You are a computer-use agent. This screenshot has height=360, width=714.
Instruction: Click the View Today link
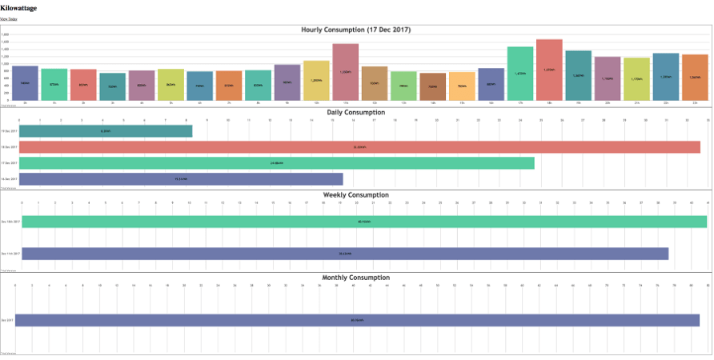[x=8, y=19]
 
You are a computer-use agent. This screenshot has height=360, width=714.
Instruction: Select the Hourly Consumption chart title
[x=356, y=30]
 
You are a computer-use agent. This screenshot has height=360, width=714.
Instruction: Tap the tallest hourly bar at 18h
[x=549, y=70]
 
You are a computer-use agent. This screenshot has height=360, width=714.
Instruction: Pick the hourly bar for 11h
[x=345, y=72]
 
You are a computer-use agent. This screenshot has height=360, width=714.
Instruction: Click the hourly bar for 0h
[x=26, y=83]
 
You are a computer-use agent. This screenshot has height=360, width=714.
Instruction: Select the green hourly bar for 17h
[x=520, y=74]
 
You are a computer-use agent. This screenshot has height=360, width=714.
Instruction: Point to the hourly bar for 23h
[x=695, y=78]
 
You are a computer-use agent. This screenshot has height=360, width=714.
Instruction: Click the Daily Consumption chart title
[x=356, y=113]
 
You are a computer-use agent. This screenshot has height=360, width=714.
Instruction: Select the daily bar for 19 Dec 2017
[x=106, y=130]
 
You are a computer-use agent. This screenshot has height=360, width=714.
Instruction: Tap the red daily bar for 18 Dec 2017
[x=359, y=147]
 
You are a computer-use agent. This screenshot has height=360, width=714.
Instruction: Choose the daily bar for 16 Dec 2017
[x=181, y=179]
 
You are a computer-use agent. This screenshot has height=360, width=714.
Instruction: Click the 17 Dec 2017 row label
[x=10, y=163]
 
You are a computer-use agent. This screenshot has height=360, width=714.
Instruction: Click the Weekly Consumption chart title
[x=356, y=195]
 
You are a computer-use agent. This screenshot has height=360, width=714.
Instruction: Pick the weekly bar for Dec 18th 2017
[x=364, y=222]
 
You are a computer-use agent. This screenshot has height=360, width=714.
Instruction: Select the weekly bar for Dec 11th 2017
[x=345, y=254]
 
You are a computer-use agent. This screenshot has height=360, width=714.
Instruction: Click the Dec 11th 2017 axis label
[x=10, y=254]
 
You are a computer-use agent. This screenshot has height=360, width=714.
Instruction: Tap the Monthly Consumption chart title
[x=356, y=278]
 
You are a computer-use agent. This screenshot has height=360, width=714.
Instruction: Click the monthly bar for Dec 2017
[x=357, y=320]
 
